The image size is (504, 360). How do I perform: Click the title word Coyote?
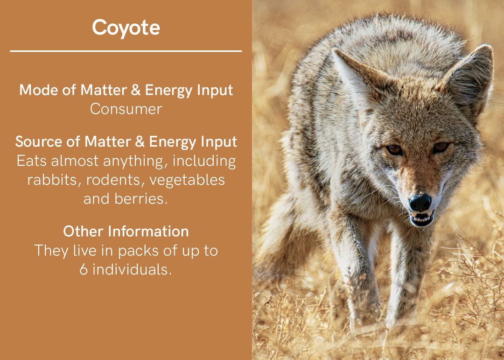click(126, 28)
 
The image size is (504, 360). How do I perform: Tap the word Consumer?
click(126, 109)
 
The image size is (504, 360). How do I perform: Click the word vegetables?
click(187, 180)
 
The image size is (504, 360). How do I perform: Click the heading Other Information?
click(126, 231)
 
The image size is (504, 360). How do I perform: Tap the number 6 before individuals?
click(84, 269)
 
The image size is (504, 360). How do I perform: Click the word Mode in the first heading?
click(39, 90)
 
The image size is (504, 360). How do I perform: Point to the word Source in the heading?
click(39, 142)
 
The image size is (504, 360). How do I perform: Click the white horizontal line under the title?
click(126, 51)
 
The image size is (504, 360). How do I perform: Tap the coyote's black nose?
click(420, 203)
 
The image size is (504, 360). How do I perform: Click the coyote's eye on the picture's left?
click(394, 149)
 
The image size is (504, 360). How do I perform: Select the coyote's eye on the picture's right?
click(441, 148)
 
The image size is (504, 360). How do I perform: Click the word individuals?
click(132, 269)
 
